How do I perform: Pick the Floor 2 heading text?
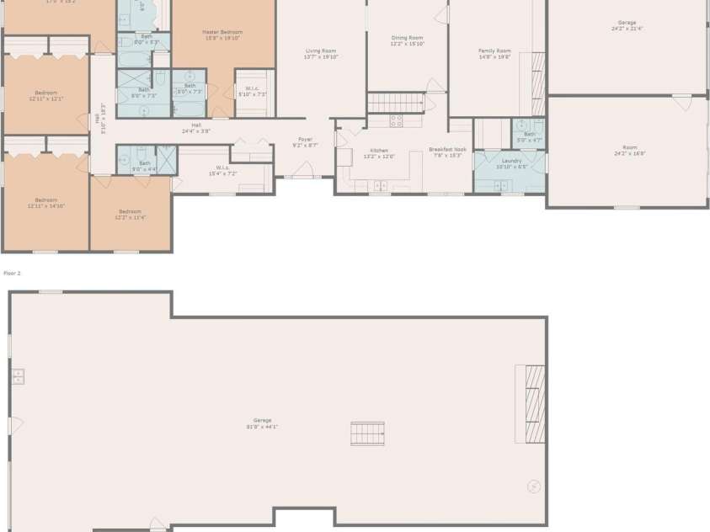tap(12, 274)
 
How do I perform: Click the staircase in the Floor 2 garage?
tap(367, 434)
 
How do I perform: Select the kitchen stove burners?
tap(396, 121)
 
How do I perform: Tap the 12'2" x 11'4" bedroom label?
tap(130, 214)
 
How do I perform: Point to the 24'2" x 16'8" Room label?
tap(629, 151)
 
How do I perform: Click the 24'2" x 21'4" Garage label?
tap(627, 25)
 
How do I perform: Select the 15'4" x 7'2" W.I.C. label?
tap(222, 170)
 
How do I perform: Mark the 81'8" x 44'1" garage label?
tap(263, 423)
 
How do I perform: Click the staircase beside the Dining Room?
tap(395, 103)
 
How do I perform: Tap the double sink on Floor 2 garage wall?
tap(18, 376)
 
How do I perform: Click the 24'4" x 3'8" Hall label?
tap(196, 128)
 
